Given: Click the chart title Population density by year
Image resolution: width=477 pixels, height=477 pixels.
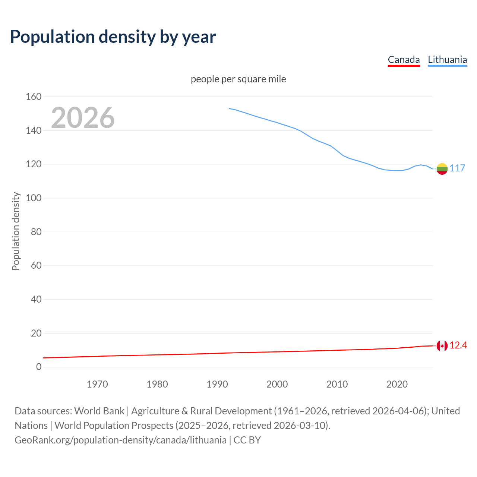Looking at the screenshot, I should tap(113, 37).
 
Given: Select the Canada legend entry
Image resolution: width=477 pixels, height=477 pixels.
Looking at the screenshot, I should tap(404, 60).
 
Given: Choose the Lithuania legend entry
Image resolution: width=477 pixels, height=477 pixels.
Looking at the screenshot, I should tap(447, 60).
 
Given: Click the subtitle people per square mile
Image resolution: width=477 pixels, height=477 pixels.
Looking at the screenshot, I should tap(238, 79).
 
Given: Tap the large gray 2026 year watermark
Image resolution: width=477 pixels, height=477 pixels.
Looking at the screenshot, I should tap(83, 118).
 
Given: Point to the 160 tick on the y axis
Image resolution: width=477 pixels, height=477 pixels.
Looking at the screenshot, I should tap(34, 97).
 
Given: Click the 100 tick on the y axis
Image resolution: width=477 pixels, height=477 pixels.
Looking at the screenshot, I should tap(34, 198).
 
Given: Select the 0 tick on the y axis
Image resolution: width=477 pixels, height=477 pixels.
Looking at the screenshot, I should tap(39, 367).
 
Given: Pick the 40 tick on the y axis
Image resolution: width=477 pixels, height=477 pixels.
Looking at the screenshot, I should tap(36, 299).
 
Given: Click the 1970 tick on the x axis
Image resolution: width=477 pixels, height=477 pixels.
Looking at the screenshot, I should tap(97, 384).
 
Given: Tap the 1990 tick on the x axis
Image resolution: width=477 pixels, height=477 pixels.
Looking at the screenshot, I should tap(217, 384).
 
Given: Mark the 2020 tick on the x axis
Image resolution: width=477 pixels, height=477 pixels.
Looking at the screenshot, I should tap(397, 384).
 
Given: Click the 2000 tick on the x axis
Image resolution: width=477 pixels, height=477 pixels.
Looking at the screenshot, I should tap(277, 384).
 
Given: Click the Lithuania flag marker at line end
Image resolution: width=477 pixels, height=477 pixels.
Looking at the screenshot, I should tap(442, 169).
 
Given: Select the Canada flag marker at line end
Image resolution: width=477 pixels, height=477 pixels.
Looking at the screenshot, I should tap(442, 346).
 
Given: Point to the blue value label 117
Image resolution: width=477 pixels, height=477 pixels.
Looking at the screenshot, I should tap(457, 168).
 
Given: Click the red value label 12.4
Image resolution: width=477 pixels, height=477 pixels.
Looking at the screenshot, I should tap(458, 345).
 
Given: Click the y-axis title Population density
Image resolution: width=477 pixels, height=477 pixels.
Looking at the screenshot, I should tap(16, 231).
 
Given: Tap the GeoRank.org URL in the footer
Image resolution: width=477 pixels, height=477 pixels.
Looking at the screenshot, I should tap(120, 440).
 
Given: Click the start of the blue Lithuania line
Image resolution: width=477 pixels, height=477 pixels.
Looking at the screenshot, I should tap(229, 108).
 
